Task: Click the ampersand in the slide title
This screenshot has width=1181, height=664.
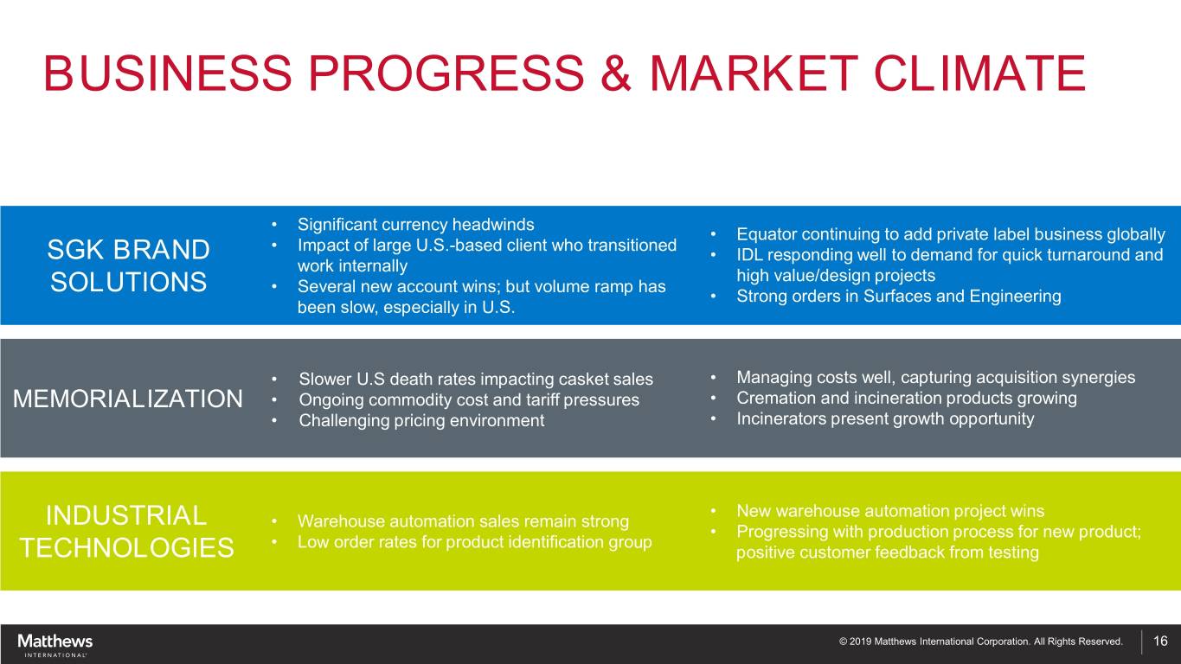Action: click(616, 73)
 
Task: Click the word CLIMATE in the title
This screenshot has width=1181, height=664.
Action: click(979, 73)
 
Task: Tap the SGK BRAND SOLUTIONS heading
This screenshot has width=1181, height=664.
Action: click(128, 265)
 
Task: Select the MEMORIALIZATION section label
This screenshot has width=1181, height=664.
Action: click(127, 399)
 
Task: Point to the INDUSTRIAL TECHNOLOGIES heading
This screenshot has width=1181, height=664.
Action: click(126, 531)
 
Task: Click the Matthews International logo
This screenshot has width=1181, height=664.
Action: click(55, 645)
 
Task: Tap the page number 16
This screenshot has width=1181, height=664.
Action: click(1160, 641)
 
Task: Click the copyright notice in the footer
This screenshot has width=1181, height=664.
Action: click(980, 642)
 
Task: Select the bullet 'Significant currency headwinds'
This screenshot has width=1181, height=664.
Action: click(415, 225)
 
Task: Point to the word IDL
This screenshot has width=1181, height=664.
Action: click(748, 254)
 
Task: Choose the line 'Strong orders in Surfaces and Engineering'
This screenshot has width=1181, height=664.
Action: click(898, 297)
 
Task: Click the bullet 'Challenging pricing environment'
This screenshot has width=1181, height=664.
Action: click(421, 420)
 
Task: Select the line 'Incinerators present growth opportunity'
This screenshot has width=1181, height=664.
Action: click(885, 419)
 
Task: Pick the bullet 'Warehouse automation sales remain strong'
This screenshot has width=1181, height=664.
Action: click(463, 521)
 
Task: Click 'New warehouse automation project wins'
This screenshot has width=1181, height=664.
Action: click(890, 511)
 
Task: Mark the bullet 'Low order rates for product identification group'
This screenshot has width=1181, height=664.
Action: click(474, 542)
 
